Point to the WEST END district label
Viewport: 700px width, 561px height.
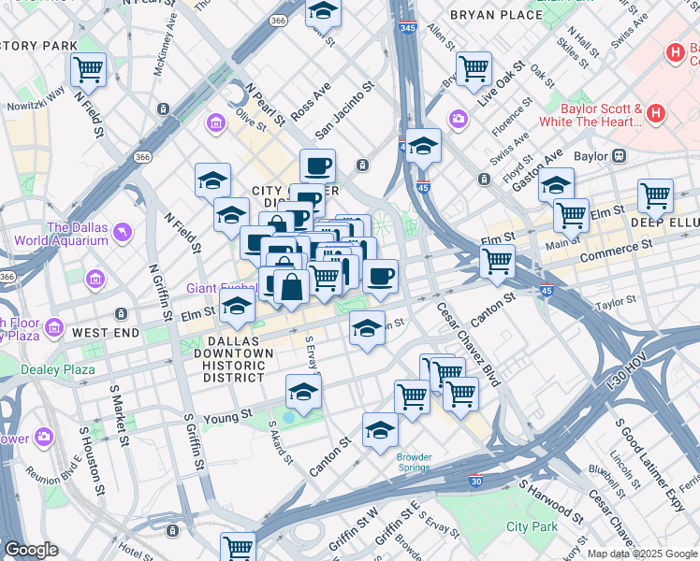coord(106,333)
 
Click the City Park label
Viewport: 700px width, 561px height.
coord(532,526)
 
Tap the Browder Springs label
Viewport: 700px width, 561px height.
coord(414,463)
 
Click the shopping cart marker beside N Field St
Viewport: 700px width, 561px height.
coord(88,67)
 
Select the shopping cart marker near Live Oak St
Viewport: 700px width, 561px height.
coord(474,67)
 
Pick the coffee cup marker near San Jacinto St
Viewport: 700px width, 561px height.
coord(317,165)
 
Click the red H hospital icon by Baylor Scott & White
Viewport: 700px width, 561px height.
coord(655,115)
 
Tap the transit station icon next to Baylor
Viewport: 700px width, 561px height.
coord(619,156)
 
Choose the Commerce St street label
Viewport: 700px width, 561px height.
coord(616,251)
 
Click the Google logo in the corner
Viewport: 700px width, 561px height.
coord(31,550)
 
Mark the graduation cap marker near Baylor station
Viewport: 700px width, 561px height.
coord(556,183)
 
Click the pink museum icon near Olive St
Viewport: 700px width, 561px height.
coord(216,122)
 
